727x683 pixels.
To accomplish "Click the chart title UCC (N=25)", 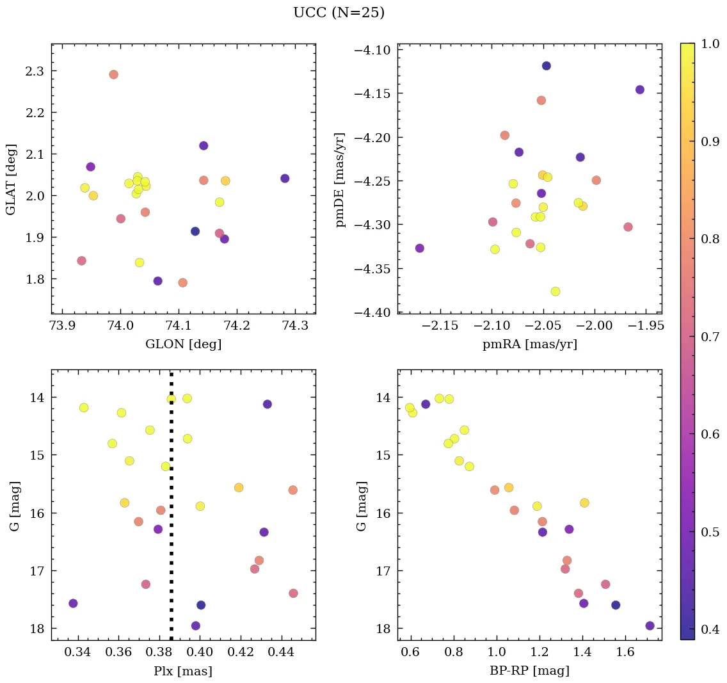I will [x=339, y=13].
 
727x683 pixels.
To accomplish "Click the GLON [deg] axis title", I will [x=184, y=344].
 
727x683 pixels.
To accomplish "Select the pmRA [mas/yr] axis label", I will [x=529, y=344].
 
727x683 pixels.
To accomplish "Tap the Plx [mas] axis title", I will [x=183, y=671].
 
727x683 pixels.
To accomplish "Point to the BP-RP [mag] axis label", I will [x=529, y=671].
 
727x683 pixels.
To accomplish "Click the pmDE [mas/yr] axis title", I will [x=340, y=179].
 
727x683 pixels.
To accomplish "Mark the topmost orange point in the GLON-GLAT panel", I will [x=113, y=74].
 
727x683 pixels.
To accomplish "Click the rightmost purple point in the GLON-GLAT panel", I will [x=285, y=179].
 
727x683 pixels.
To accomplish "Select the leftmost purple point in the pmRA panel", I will [x=419, y=248].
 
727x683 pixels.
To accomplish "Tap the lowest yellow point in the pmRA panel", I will [x=555, y=291].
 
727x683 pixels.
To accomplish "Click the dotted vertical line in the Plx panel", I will [x=171, y=512].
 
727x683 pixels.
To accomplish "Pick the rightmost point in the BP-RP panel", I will [x=650, y=625].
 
